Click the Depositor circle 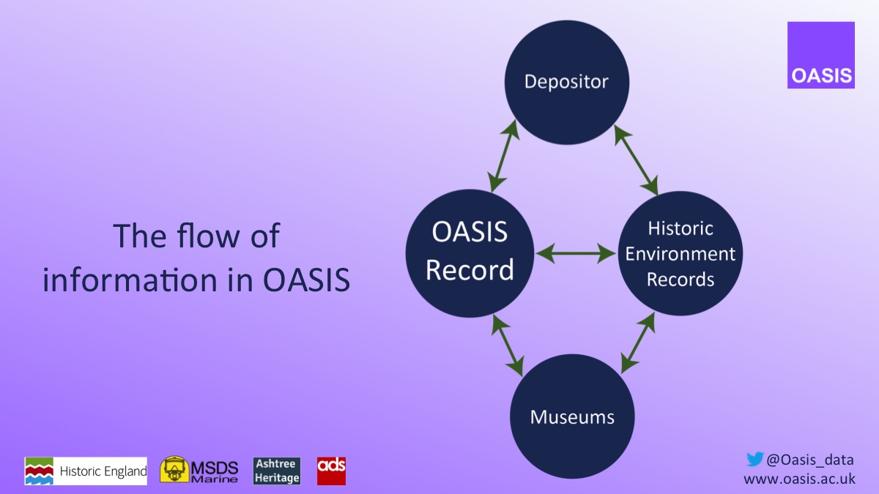pyautogui.click(x=567, y=81)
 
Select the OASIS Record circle pyautogui.click(x=469, y=253)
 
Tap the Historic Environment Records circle pyautogui.click(x=680, y=253)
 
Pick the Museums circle pyautogui.click(x=572, y=417)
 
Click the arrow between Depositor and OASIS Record pyautogui.click(x=504, y=156)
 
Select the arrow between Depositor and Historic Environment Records pyautogui.click(x=636, y=159)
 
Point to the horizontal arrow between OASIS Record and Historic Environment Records pyautogui.click(x=576, y=254)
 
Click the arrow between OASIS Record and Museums pyautogui.click(x=508, y=345)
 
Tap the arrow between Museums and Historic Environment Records pyautogui.click(x=637, y=343)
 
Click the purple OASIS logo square pyautogui.click(x=820, y=55)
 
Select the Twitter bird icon pyautogui.click(x=754, y=459)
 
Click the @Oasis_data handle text pyautogui.click(x=809, y=460)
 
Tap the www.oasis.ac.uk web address pyautogui.click(x=799, y=479)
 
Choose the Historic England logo pyautogui.click(x=86, y=471)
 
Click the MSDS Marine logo pyautogui.click(x=199, y=470)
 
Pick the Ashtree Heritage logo pyautogui.click(x=277, y=471)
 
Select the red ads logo pyautogui.click(x=331, y=471)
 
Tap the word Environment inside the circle pyautogui.click(x=680, y=254)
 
